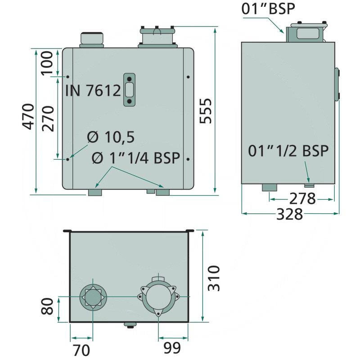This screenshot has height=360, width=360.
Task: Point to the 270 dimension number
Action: click(48, 118)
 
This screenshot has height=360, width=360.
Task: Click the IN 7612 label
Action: click(93, 90)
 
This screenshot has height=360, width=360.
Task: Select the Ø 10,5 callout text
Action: click(110, 137)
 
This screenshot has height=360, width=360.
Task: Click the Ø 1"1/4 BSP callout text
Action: click(135, 158)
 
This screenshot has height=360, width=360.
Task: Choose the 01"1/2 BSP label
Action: click(288, 151)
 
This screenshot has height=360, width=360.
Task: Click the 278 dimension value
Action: click(302, 198)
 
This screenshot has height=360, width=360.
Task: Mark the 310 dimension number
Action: click(215, 278)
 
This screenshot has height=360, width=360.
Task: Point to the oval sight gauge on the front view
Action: click(130, 90)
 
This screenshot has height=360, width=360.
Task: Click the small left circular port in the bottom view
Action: click(92, 297)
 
